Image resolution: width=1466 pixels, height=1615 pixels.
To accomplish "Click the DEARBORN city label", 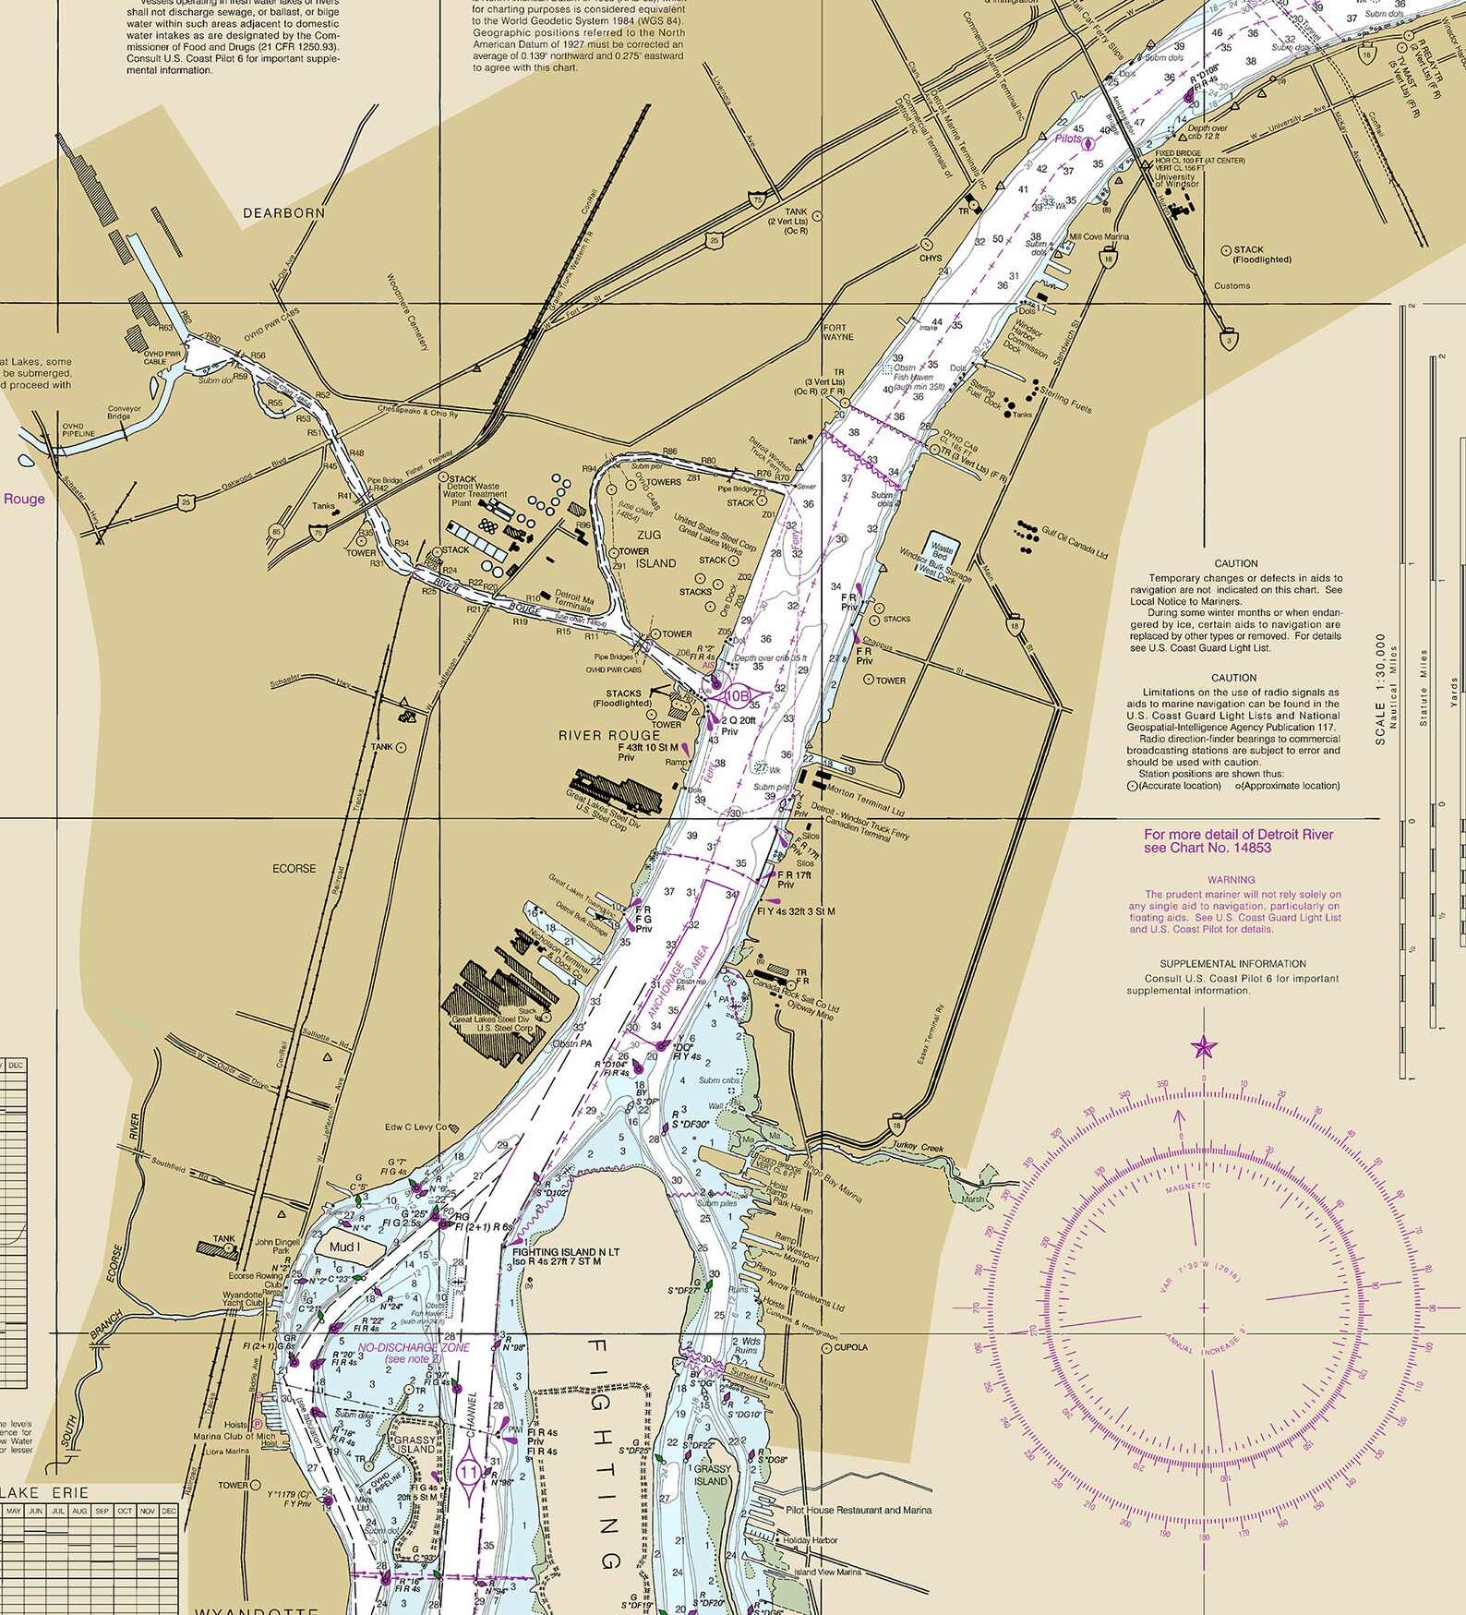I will point(283,213).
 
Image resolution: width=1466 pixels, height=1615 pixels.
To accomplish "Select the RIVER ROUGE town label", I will point(609,736).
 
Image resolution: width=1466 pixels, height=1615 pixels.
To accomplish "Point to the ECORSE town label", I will point(294,869).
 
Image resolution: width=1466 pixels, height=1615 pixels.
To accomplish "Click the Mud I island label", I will point(344,1247).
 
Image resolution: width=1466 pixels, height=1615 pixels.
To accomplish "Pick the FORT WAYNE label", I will point(838,332).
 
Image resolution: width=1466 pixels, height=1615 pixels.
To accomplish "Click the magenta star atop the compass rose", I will point(1204,1047).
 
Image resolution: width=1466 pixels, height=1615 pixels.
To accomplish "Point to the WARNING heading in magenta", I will point(1231,880).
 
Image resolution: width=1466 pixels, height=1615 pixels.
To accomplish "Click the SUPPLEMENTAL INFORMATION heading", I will point(1232,964).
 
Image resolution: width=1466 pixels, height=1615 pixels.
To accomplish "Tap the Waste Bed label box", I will point(940,551).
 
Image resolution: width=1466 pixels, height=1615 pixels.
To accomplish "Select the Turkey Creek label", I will point(918,1149).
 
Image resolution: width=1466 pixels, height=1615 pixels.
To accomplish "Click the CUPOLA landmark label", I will point(849,1347).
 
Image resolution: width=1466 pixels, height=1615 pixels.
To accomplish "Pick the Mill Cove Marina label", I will point(1099,236).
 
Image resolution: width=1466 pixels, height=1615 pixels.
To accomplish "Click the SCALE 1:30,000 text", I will point(1381,688).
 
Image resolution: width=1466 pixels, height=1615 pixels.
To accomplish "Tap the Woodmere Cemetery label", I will point(407,312).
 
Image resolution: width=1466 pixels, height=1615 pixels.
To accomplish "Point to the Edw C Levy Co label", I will point(415,1127).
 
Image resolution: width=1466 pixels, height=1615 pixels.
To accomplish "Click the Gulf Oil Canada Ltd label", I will point(1075,542).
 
